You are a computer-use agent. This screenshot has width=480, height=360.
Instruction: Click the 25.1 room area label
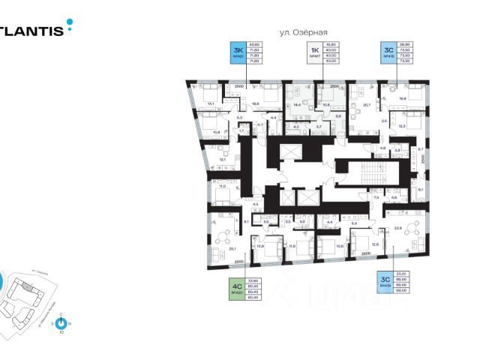(232, 249)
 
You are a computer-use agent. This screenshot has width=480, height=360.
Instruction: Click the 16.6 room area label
(403, 98)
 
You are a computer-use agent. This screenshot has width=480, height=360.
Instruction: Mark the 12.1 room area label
(222, 159)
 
